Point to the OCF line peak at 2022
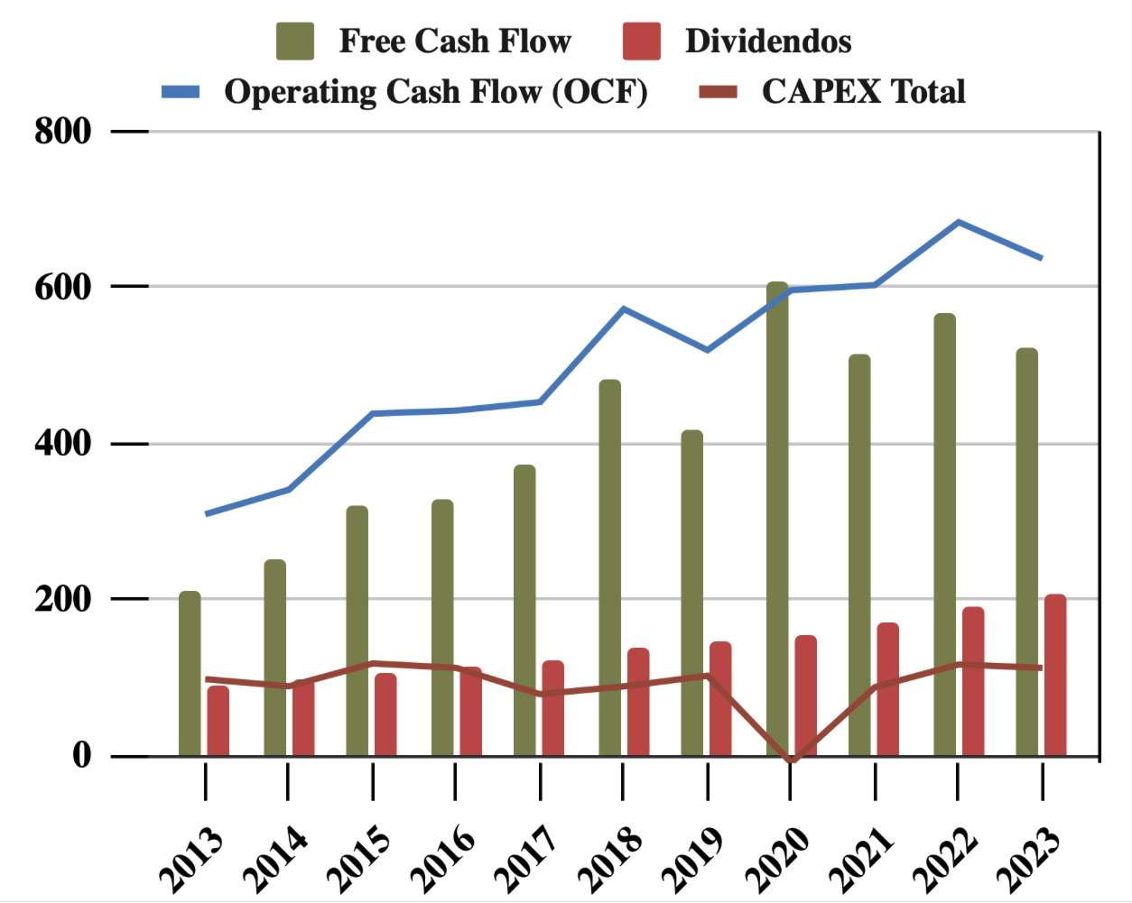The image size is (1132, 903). pos(958,222)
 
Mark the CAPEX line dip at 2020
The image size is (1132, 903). pos(792,760)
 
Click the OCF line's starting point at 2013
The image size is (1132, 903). pos(207,513)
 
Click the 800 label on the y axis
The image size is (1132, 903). pos(63,132)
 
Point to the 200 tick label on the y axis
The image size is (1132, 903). pos(63,599)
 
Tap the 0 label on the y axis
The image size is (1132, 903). pos(82,755)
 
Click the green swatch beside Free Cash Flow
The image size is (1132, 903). pos(295,41)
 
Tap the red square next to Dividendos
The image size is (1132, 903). pos(642,41)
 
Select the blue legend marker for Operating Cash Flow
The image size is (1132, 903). pos(181,92)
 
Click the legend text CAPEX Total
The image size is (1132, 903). pos(863,92)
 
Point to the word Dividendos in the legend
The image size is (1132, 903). pos(768,41)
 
